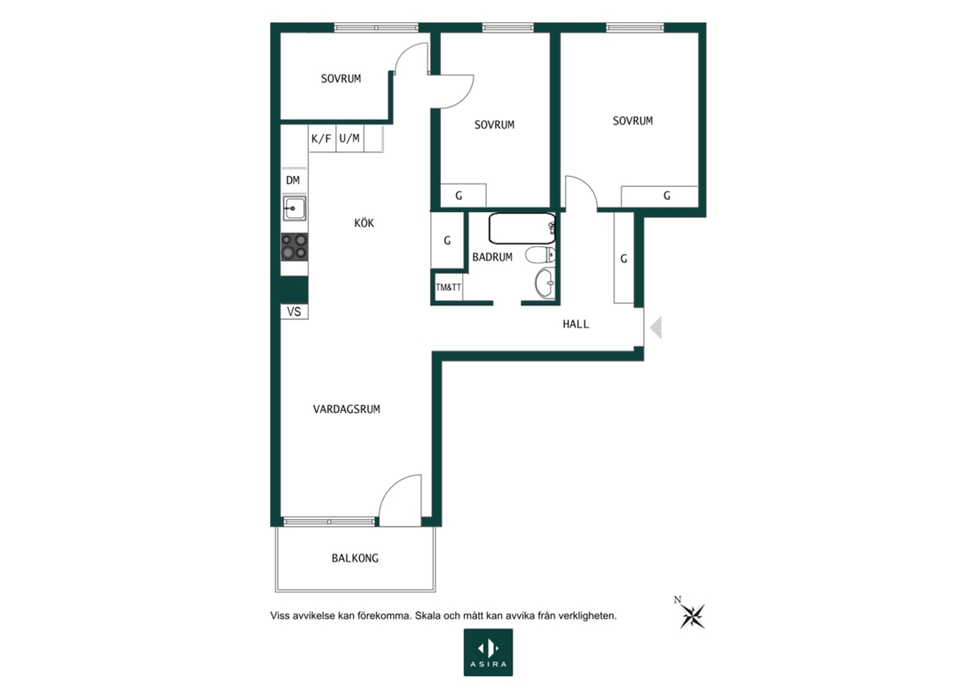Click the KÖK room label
pyautogui.click(x=364, y=223)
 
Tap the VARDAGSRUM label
pyautogui.click(x=347, y=409)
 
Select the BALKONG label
pyautogui.click(x=356, y=558)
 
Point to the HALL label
pyautogui.click(x=576, y=324)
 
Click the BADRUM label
pyautogui.click(x=492, y=257)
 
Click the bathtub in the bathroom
pyautogui.click(x=522, y=228)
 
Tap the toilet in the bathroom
pyautogui.click(x=540, y=255)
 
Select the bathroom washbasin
pyautogui.click(x=545, y=283)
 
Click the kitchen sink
pyautogui.click(x=294, y=208)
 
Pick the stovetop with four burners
pyautogui.click(x=294, y=246)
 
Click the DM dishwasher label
pyautogui.click(x=293, y=180)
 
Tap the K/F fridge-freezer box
pyautogui.click(x=322, y=139)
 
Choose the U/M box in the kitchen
pyautogui.click(x=349, y=139)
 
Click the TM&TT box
pyautogui.click(x=449, y=287)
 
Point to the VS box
pyautogui.click(x=294, y=312)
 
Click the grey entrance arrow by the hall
pyautogui.click(x=656, y=327)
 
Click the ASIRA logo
pyautogui.click(x=488, y=652)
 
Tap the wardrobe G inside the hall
pyautogui.click(x=624, y=258)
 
